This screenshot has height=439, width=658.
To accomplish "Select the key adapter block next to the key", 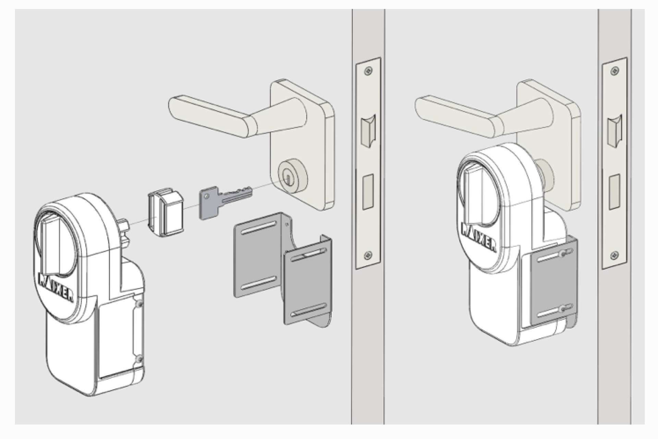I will point(166,213).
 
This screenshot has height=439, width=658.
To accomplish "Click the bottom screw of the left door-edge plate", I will point(368,254).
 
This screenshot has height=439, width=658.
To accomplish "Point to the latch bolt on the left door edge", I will point(368,130).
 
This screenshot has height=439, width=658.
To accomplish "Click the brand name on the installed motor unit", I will point(479,237).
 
